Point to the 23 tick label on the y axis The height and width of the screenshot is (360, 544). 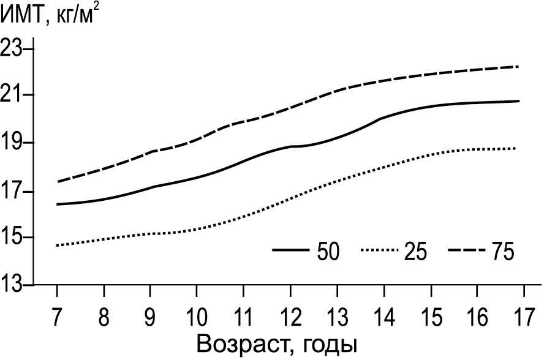point(16,49)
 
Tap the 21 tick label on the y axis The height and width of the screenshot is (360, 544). point(16,96)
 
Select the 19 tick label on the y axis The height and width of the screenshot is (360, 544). point(16,143)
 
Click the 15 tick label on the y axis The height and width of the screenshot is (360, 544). point(16,238)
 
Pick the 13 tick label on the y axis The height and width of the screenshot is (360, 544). point(16,285)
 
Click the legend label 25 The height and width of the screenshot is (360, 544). point(415,251)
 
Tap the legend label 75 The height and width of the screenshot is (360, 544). point(501,251)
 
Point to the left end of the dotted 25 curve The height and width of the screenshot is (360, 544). point(57,246)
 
